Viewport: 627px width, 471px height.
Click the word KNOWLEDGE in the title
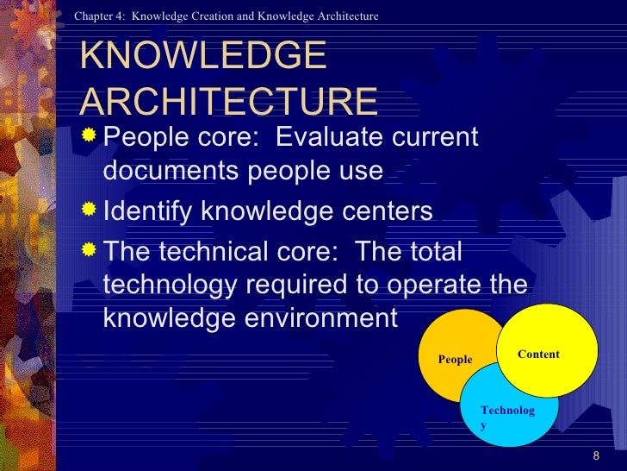202,58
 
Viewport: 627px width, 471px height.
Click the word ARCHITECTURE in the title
228,101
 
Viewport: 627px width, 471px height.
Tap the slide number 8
596,455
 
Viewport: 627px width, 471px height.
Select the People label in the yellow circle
455,360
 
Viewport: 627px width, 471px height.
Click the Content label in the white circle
538,355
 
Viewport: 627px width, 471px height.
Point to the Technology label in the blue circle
507,418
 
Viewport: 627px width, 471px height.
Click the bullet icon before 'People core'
90,136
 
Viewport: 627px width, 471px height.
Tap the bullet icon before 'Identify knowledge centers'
90,210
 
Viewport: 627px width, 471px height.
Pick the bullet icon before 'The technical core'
90,250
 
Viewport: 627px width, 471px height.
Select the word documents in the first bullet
171,171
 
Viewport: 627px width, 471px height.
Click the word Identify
154,211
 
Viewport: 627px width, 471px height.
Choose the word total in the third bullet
430,252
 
